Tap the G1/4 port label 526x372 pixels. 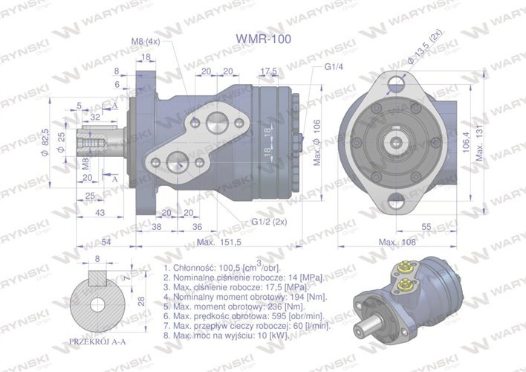point(334,65)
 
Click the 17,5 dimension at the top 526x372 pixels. point(270,71)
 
